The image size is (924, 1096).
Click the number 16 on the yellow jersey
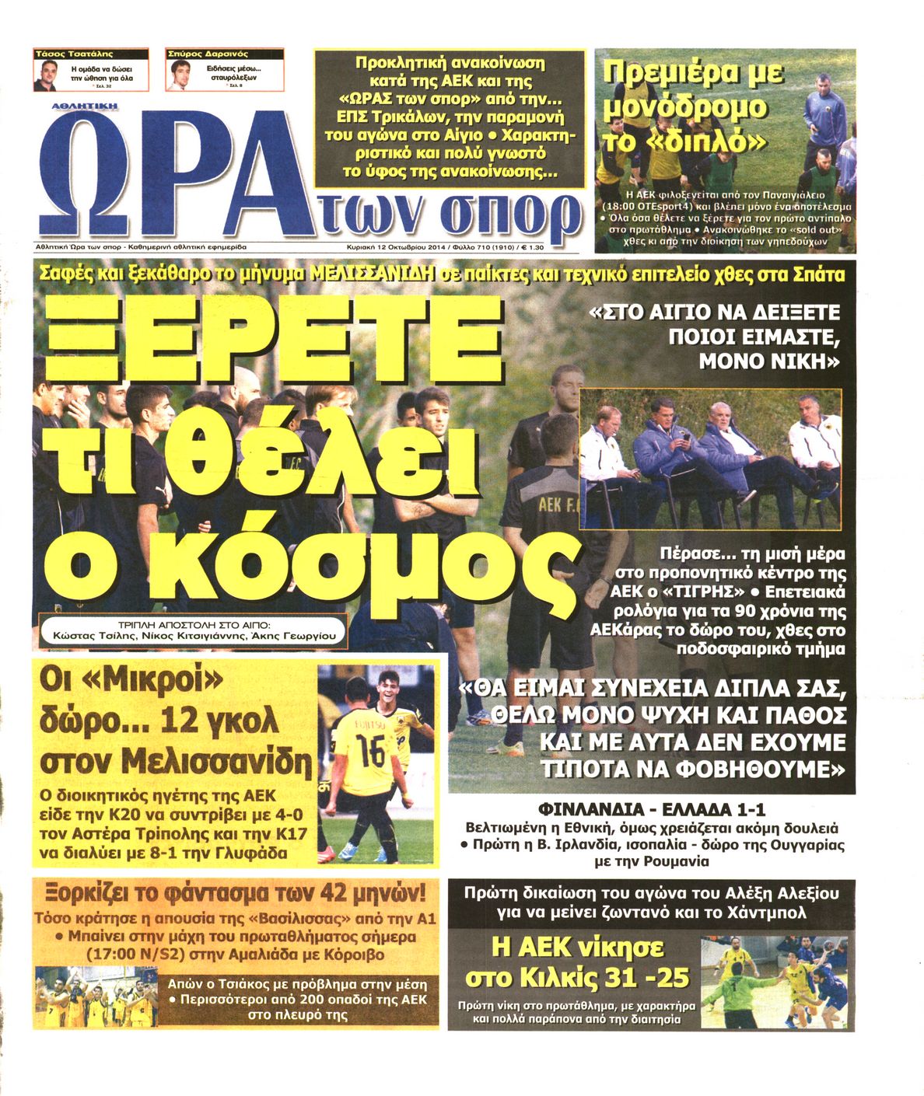(371, 750)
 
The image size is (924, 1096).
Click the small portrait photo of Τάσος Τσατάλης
(46, 75)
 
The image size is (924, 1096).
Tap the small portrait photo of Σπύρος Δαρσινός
(180, 75)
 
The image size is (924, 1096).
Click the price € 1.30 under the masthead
(534, 246)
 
